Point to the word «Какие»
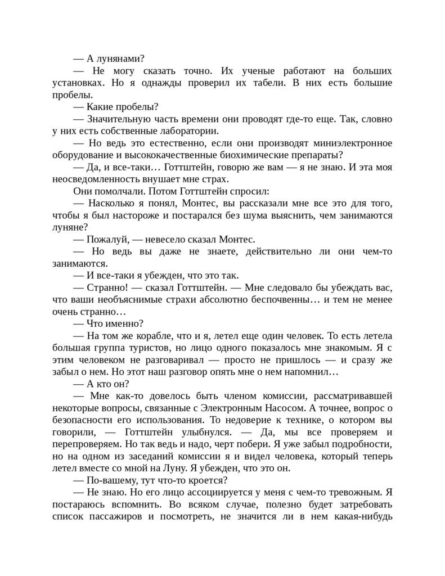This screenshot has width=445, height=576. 102,107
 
